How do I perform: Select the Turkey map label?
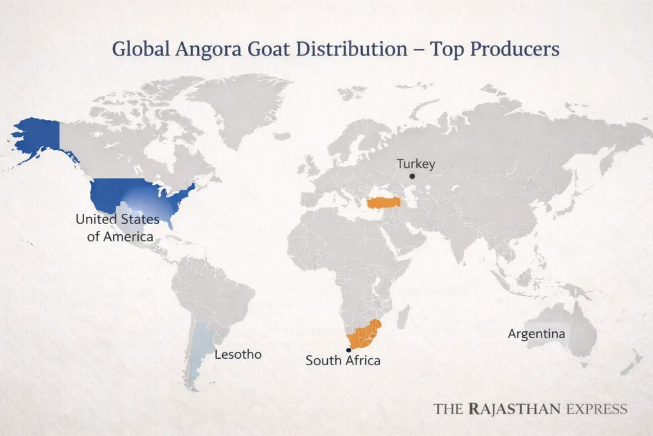tap(416, 164)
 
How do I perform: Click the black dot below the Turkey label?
tap(413, 176)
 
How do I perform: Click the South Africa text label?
tap(342, 361)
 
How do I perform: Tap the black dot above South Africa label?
tap(348, 350)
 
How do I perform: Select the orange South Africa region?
tap(362, 333)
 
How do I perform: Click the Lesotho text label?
tap(238, 354)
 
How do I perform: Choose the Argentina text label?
tap(536, 334)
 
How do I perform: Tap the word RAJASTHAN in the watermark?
tap(517, 409)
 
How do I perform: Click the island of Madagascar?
tap(403, 317)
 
